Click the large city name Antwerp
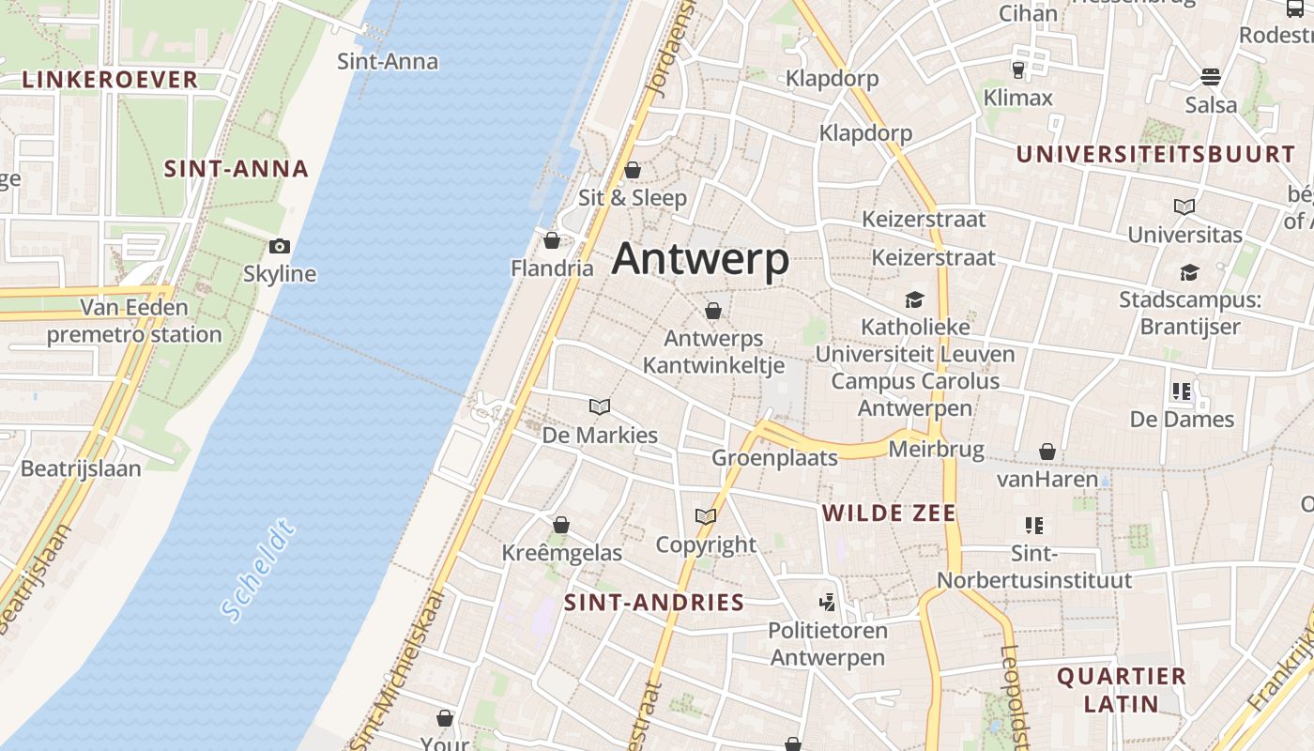700,259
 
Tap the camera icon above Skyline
280,247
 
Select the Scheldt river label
258,569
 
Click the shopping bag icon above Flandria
552,240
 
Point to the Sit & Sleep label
633,198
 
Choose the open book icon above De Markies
600,406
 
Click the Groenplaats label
774,458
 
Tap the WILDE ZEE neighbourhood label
889,513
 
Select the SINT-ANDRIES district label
654,603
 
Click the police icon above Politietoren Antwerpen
827,602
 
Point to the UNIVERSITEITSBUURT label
1155,155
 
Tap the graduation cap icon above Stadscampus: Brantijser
1189,273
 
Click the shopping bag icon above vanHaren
1047,452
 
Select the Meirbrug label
936,450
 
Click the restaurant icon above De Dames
1182,391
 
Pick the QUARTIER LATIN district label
1122,689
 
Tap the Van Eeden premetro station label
134,321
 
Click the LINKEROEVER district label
110,80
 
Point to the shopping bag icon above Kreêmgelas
561,525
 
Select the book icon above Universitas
1184,207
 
